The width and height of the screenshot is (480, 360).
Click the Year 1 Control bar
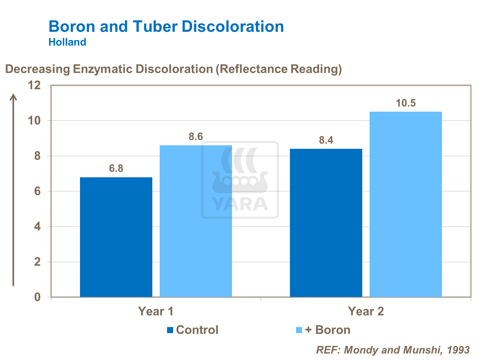(x=116, y=237)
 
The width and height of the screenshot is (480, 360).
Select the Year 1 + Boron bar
(x=196, y=221)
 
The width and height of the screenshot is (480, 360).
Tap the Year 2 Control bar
(x=326, y=223)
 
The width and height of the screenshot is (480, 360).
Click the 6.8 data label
(x=116, y=168)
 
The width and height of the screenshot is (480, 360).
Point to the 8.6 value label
(x=196, y=137)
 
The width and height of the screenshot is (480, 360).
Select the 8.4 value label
(x=326, y=140)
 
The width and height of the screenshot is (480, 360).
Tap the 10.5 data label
(x=405, y=103)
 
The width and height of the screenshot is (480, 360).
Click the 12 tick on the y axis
(x=34, y=85)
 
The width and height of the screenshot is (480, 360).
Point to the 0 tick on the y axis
(x=37, y=297)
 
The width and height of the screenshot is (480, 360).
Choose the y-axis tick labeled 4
(x=37, y=227)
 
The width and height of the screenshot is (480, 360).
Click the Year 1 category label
(x=156, y=311)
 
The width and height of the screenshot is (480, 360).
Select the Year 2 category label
(x=366, y=311)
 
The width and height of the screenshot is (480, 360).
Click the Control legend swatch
(x=170, y=330)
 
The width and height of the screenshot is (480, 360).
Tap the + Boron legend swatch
(x=299, y=330)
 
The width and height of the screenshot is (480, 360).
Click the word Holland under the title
(x=67, y=42)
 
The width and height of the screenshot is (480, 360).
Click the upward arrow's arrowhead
(x=13, y=96)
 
